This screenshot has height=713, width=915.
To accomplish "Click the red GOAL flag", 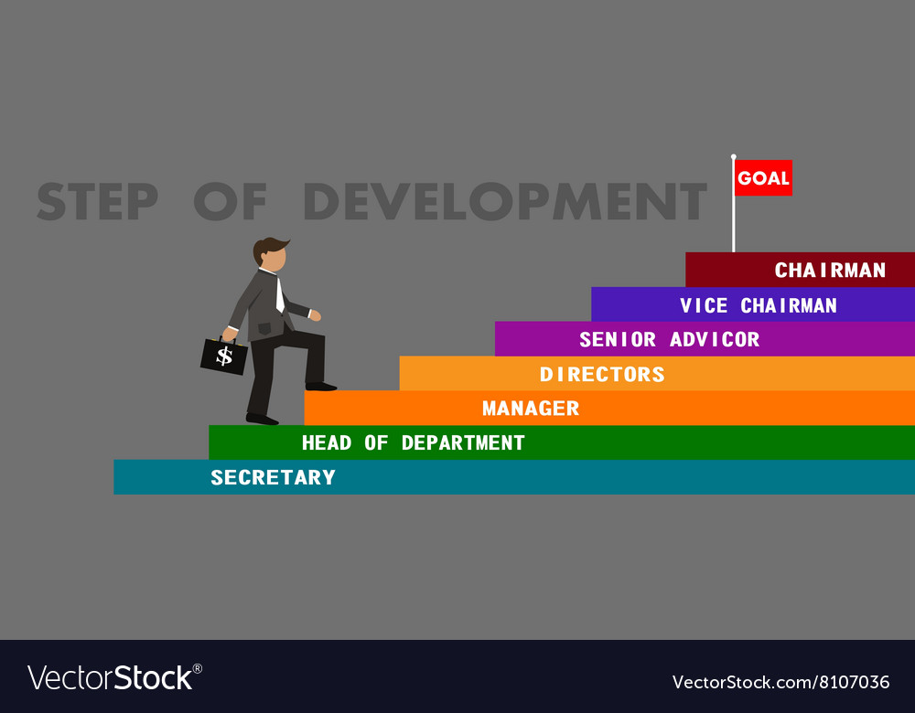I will (763, 178).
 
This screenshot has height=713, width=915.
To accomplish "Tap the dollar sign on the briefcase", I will (224, 356).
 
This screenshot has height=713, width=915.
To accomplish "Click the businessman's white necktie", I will (279, 294).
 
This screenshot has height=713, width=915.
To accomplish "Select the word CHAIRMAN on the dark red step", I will (830, 271).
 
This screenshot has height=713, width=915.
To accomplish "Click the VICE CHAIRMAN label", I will (758, 305).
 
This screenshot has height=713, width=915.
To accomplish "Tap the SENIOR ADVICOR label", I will (669, 340).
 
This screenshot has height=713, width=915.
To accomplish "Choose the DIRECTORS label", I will (602, 375).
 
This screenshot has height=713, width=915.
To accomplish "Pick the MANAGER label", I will (531, 409).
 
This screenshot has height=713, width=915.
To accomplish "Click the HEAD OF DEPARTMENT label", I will (413, 443).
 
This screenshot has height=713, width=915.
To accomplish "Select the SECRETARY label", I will (273, 478).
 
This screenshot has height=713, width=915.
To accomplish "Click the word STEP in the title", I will (97, 202).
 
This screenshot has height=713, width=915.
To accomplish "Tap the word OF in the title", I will (230, 202).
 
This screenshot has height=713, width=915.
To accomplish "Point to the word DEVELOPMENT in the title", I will (504, 202).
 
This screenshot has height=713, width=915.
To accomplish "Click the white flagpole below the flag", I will (733, 224).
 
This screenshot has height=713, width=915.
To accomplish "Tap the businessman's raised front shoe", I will (321, 387).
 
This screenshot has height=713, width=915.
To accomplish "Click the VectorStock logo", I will (114, 678).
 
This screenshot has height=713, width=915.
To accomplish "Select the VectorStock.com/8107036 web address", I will (780, 682).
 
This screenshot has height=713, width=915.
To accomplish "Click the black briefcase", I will (224, 356).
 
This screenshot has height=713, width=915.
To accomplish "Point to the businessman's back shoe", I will (262, 420).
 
